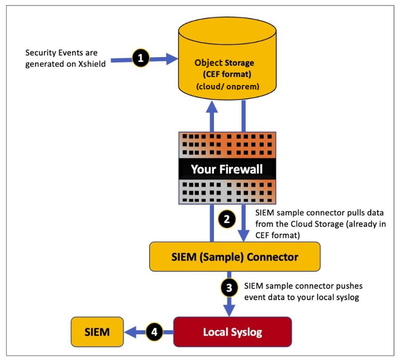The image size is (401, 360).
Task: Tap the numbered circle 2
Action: [227, 219]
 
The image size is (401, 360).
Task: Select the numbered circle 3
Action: [227, 288]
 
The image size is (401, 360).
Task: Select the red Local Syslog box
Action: [233, 332]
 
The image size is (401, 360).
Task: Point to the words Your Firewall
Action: [227, 168]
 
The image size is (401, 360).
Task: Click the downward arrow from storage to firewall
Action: [243, 117]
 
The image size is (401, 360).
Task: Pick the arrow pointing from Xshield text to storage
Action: [156, 58]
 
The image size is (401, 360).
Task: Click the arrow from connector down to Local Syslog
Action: [227, 305]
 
